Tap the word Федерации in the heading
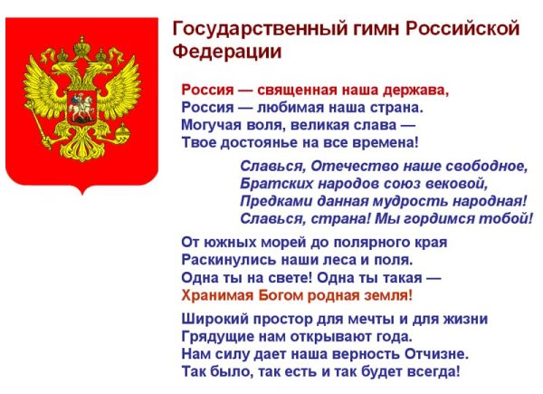pos(226,51)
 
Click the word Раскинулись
pos(223,260)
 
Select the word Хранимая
pos(217,295)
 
